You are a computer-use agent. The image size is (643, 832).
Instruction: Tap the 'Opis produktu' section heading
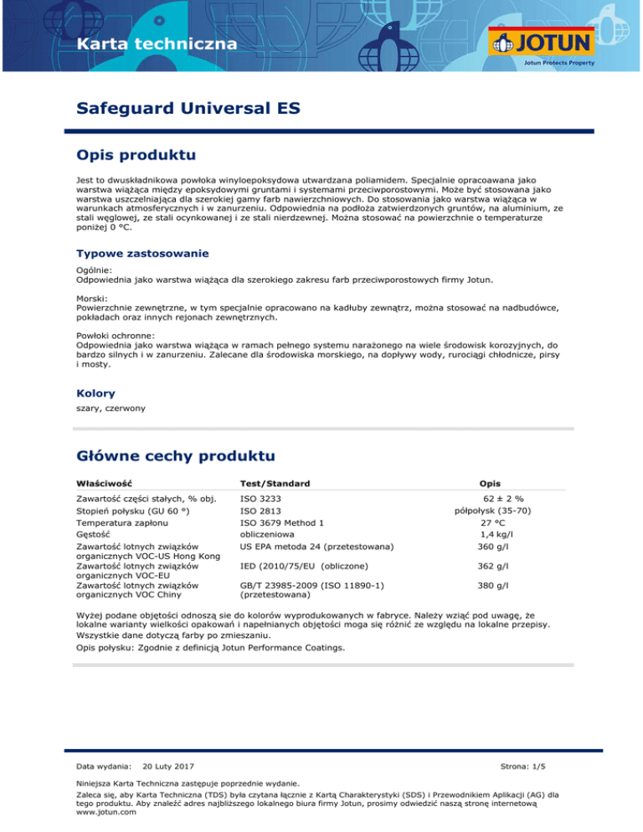coord(136,155)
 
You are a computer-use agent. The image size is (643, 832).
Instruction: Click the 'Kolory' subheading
coord(95,393)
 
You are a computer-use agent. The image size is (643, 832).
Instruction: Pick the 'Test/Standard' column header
coord(275,484)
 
